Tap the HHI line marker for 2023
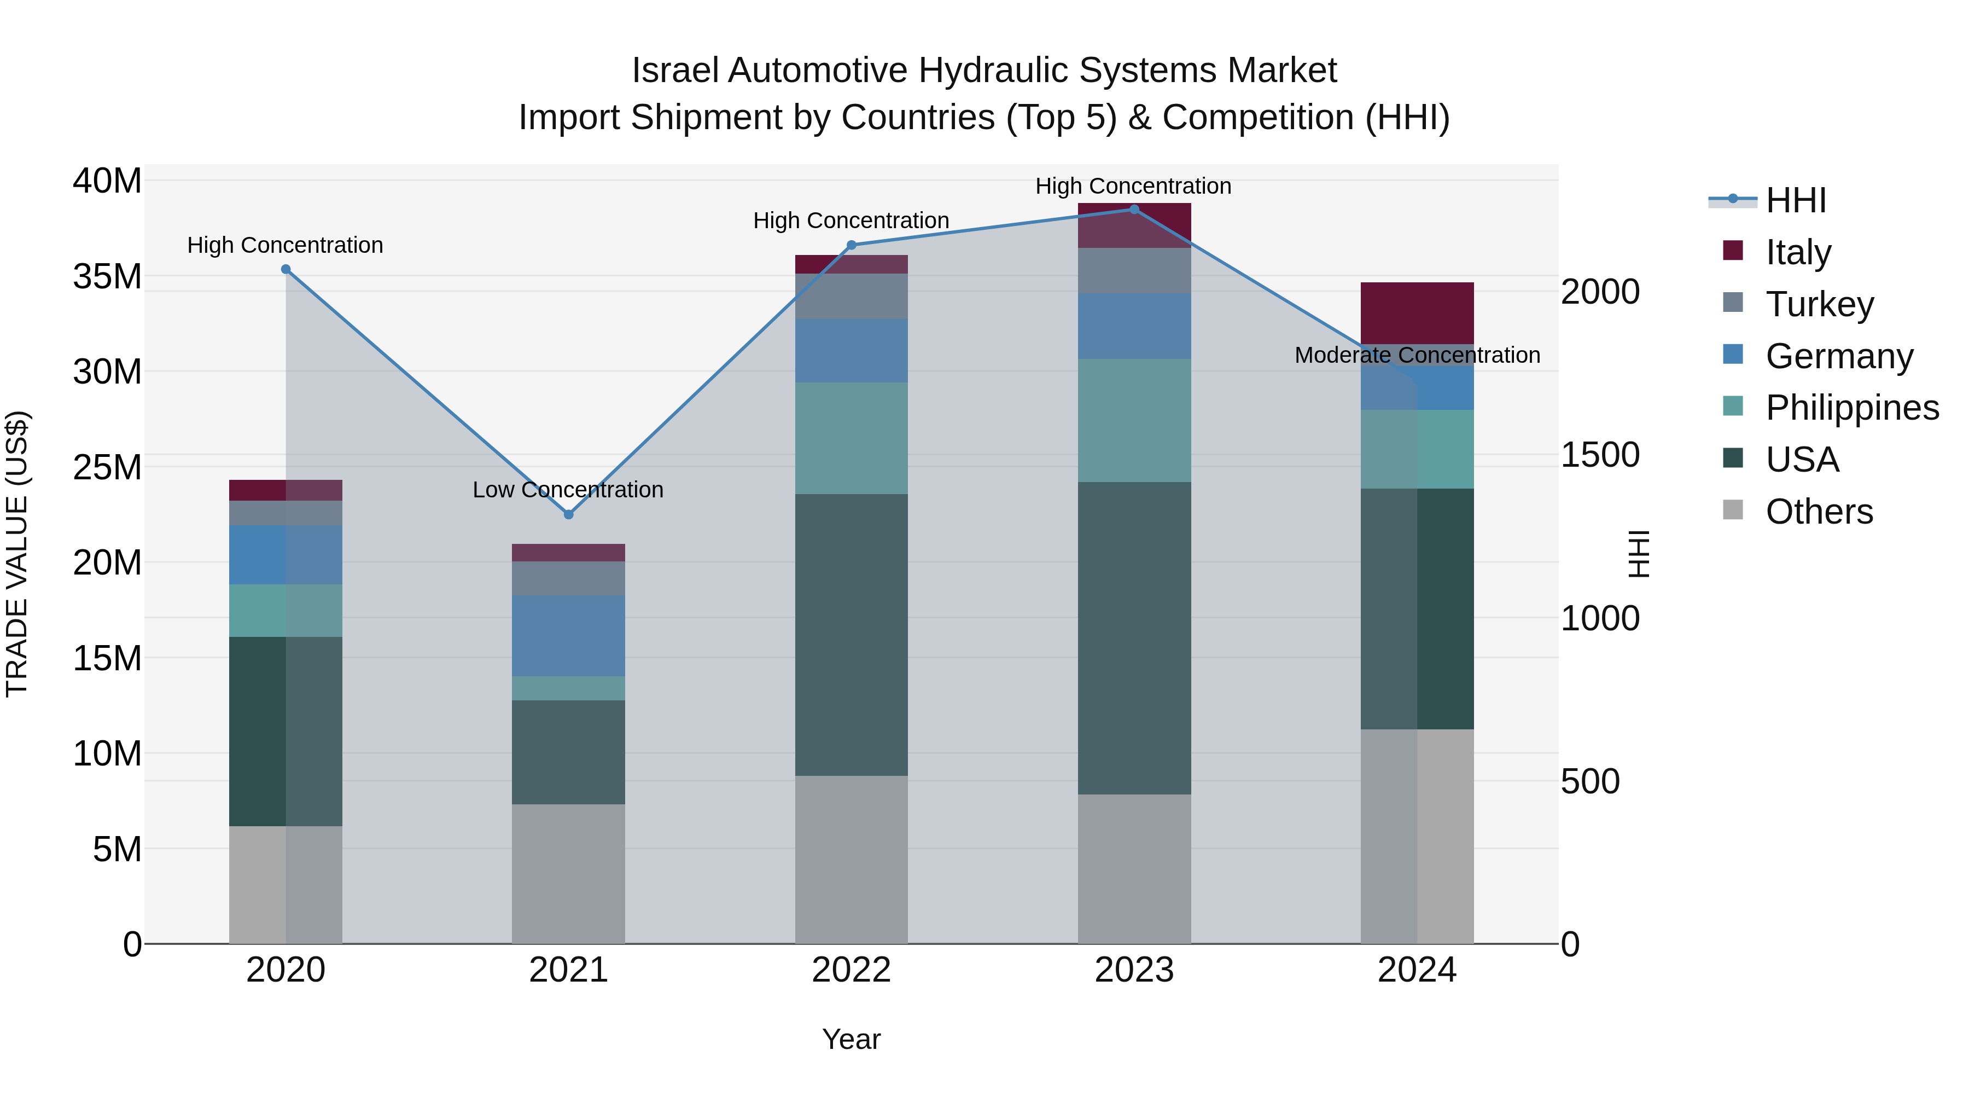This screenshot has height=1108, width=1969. coord(1134,210)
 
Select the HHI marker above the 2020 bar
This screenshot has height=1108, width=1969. coord(286,269)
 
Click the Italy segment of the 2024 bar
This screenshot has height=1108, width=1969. coord(1417,313)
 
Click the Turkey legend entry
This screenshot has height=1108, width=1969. coord(1819,304)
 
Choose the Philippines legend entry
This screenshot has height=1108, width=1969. coord(1851,408)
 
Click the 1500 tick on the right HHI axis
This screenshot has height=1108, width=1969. coord(1600,455)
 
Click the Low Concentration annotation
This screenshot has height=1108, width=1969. coord(567,489)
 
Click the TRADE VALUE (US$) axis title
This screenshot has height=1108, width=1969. coord(17,554)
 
